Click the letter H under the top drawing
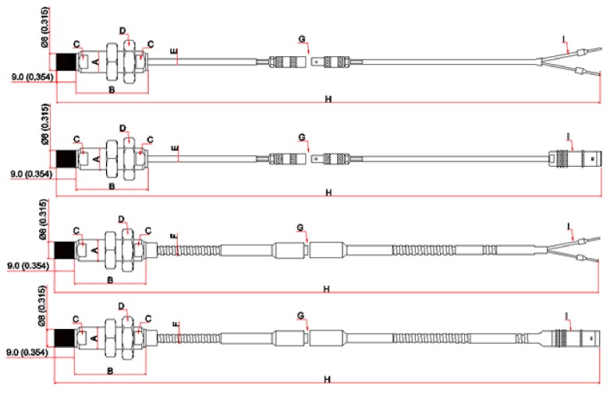(328, 99)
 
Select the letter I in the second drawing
(569, 137)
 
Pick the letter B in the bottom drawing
(111, 371)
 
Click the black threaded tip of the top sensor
(67, 62)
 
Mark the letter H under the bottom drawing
(328, 380)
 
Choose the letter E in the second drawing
(176, 147)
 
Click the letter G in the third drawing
(300, 227)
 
